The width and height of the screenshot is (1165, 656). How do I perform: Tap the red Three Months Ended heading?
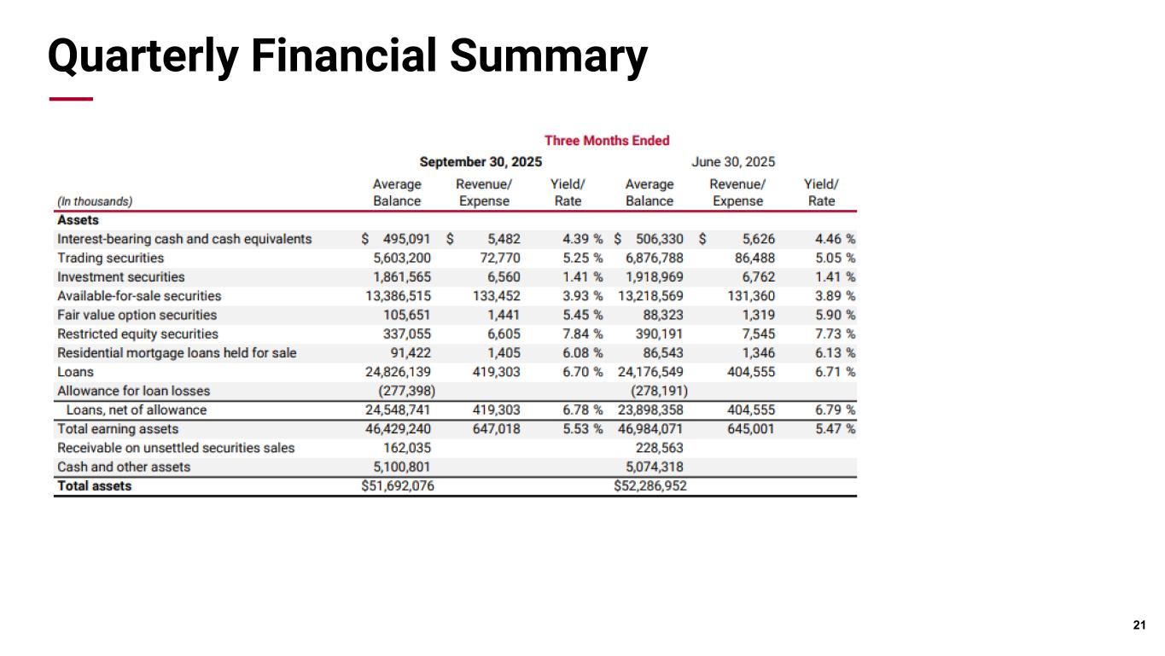point(607,140)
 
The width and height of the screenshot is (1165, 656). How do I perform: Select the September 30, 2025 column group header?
point(481,161)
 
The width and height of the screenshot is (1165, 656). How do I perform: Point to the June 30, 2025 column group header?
point(733,161)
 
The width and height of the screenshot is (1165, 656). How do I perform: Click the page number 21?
point(1139,626)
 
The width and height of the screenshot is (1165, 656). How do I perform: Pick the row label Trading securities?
point(110,258)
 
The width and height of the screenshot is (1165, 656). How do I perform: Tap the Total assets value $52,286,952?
point(650,486)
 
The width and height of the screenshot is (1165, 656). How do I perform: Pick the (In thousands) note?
point(94,201)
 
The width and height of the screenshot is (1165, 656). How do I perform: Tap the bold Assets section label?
point(78,220)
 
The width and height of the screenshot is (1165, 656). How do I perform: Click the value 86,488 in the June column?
point(754,258)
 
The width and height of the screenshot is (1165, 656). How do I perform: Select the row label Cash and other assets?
point(124,467)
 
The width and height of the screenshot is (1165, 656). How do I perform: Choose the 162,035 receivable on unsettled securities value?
point(402,448)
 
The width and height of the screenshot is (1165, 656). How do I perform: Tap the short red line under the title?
point(71,100)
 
